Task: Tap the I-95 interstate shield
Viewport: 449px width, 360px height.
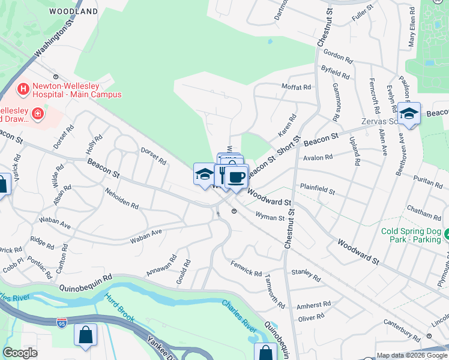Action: (x=61, y=322)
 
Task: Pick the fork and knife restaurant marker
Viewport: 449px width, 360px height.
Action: (x=223, y=175)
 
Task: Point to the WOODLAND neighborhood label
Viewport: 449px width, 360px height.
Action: (x=74, y=11)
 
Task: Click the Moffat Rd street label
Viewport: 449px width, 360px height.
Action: (x=297, y=87)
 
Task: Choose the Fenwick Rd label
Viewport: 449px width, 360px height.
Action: (x=246, y=269)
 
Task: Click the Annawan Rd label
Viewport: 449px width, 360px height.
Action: (x=161, y=266)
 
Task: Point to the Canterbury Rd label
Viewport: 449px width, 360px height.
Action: (x=403, y=331)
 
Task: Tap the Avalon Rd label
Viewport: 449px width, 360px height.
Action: (x=319, y=158)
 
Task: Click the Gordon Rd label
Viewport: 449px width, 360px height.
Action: (x=337, y=56)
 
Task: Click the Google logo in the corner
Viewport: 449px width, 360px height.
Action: (x=20, y=353)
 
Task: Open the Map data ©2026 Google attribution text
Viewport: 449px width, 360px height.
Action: (x=411, y=355)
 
